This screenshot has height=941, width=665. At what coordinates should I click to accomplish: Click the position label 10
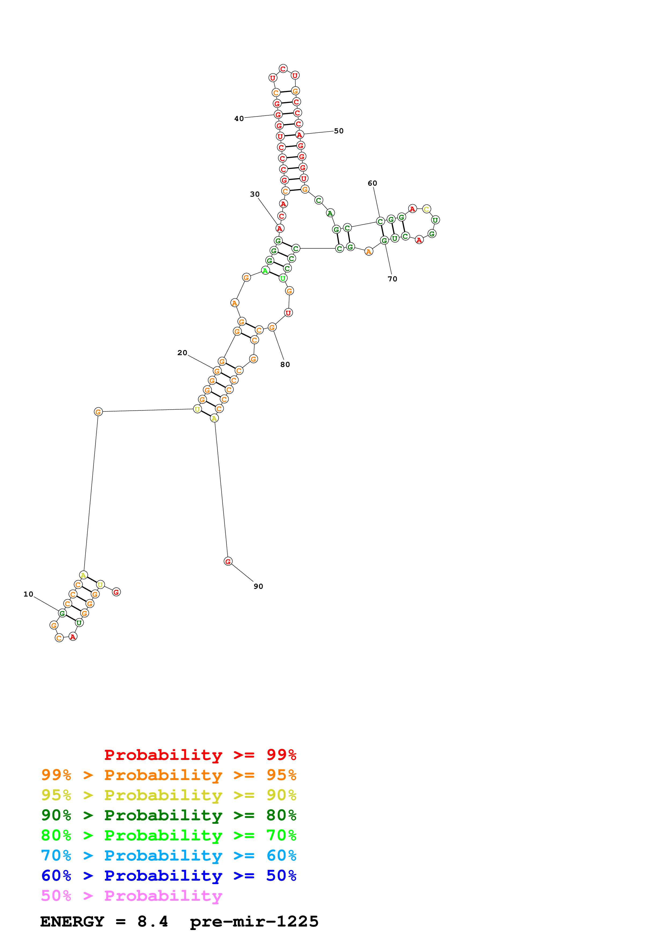[28, 594]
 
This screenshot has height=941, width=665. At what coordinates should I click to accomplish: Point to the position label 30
[255, 194]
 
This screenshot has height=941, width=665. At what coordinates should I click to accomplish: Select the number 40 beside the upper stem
[239, 119]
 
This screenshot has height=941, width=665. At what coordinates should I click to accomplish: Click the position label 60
[372, 183]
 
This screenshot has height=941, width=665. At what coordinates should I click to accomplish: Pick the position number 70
[392, 279]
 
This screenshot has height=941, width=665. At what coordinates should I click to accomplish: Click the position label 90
[258, 586]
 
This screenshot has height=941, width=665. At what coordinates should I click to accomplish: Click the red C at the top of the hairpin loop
[283, 68]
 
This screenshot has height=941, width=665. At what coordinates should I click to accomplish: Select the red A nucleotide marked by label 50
[300, 135]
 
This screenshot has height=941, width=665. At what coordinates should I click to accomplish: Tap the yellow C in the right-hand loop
[427, 209]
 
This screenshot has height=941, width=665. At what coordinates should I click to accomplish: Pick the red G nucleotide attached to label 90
[228, 561]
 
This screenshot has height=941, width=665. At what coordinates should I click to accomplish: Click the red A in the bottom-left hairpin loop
[73, 637]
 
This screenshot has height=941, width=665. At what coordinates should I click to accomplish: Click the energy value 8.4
[152, 922]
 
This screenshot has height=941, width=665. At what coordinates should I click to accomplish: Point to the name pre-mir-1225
[254, 922]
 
